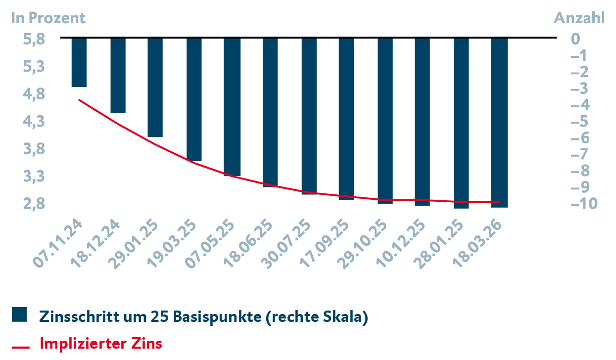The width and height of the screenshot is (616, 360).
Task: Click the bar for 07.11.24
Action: coord(79,62)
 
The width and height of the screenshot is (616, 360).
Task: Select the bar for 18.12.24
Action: coord(118,75)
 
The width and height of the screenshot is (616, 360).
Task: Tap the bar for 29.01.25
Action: coord(155,88)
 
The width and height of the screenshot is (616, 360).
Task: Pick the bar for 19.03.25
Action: coord(194,99)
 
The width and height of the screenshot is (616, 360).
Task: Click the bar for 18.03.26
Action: coord(499,122)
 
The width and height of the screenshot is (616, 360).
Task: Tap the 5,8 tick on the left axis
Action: coord(34,39)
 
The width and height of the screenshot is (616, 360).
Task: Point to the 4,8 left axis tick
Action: coord(34,94)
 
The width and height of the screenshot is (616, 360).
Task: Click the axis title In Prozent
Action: coord(48,18)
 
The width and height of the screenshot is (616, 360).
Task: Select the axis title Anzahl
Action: coord(579,18)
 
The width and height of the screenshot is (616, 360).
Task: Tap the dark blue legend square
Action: coord(19,315)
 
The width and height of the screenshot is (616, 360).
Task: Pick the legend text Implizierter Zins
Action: coord(100,343)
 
